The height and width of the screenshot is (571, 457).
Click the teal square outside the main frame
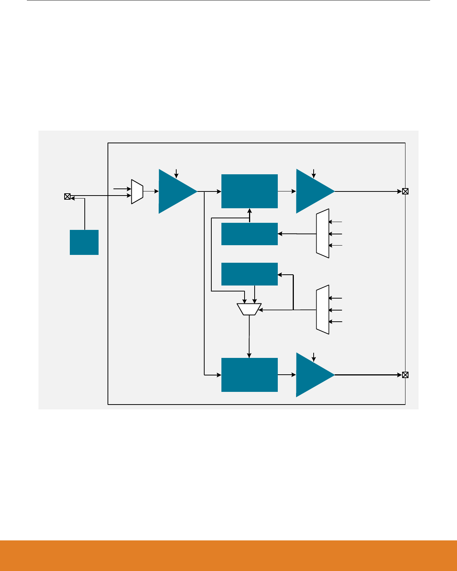click(x=84, y=242)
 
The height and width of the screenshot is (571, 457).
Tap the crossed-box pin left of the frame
click(x=67, y=196)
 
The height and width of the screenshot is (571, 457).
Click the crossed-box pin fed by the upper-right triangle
click(x=405, y=191)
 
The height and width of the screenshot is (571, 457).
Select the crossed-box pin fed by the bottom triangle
click(x=405, y=375)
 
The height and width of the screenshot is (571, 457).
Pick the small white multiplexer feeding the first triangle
click(x=137, y=191)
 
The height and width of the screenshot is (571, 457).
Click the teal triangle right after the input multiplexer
click(x=175, y=191)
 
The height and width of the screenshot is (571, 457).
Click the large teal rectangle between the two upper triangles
click(x=249, y=191)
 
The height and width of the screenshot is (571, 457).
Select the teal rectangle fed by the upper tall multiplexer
click(x=249, y=234)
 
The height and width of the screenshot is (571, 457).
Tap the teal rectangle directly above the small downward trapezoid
click(x=249, y=274)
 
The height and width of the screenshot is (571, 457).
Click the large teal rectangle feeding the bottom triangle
click(x=249, y=375)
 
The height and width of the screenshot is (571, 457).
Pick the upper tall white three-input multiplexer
click(x=323, y=233)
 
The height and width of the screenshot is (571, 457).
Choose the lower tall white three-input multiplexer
click(x=323, y=310)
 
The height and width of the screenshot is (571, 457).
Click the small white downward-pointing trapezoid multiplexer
click(x=249, y=309)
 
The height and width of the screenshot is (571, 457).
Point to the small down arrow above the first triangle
click(x=177, y=173)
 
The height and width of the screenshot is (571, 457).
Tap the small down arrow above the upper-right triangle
click(x=314, y=173)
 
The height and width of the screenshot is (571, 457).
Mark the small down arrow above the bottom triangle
click(x=314, y=356)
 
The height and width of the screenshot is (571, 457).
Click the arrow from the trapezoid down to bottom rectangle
click(x=249, y=336)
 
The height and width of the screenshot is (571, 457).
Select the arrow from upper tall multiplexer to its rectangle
click(x=297, y=234)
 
